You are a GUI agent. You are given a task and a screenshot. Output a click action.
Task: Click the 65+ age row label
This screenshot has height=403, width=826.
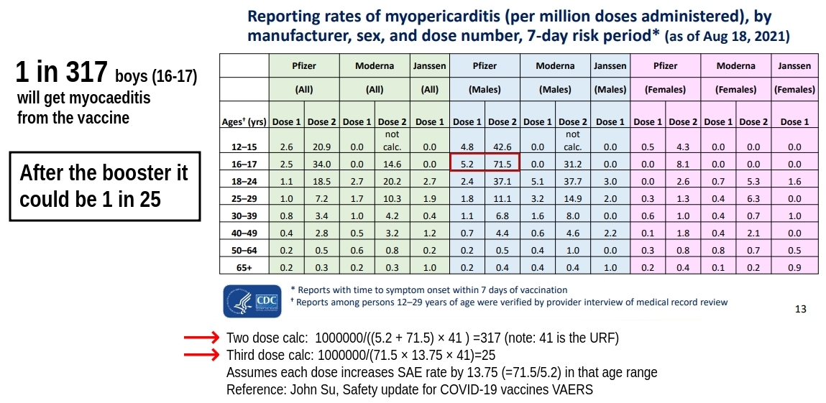(x=244, y=268)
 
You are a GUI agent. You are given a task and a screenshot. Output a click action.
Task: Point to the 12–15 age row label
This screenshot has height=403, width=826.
(x=244, y=147)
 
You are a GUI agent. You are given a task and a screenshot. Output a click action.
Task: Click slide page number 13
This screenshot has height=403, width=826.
(x=801, y=310)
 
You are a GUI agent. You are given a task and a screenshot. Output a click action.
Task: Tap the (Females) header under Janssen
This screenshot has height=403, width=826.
(x=794, y=90)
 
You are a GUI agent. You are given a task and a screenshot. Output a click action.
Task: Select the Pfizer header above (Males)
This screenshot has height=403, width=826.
(x=485, y=65)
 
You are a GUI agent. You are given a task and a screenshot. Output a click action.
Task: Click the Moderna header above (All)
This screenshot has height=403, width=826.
(x=375, y=65)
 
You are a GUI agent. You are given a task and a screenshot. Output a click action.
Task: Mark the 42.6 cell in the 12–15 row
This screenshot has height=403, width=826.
(x=503, y=147)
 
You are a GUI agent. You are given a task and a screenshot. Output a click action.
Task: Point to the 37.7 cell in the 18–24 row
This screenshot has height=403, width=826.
(x=573, y=182)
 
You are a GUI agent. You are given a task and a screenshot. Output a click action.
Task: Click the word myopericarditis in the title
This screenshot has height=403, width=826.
(x=403, y=15)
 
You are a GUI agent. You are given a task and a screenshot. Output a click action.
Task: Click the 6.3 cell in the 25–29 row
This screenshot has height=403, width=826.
(x=754, y=199)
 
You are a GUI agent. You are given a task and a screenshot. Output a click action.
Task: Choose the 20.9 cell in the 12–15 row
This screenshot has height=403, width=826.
(x=321, y=147)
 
